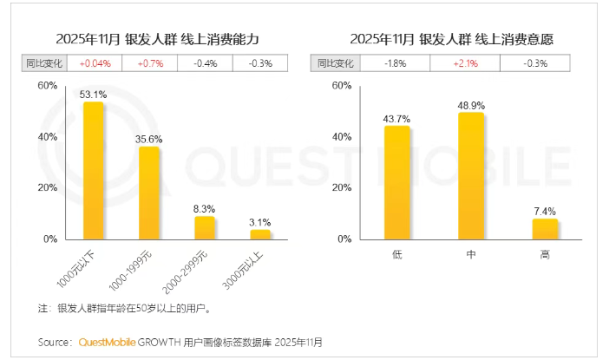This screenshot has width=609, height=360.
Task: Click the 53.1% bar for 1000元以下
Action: (x=94, y=170)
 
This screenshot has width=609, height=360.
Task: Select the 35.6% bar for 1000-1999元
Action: (x=149, y=193)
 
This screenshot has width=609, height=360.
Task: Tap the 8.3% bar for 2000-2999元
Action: (x=205, y=227)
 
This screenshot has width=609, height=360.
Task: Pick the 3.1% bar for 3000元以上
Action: (x=260, y=234)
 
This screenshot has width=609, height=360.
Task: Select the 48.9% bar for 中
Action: (x=471, y=175)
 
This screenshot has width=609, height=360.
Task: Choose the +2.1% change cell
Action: (x=471, y=63)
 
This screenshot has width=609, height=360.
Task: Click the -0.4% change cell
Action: (x=205, y=63)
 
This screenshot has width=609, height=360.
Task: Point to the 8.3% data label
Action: (x=205, y=208)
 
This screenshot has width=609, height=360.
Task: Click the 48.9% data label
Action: (x=471, y=104)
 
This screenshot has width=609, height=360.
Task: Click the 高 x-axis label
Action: (x=545, y=254)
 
